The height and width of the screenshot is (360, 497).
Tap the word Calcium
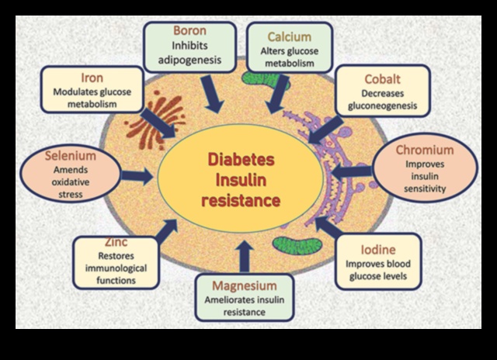[x=289, y=36]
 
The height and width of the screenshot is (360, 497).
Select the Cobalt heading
[x=383, y=78]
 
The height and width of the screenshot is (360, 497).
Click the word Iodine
[x=378, y=250]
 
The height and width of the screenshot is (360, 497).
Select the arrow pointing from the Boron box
[x=212, y=95]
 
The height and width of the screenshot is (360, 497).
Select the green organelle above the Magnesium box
[x=294, y=243]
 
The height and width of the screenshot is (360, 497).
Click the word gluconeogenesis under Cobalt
[x=383, y=106]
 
